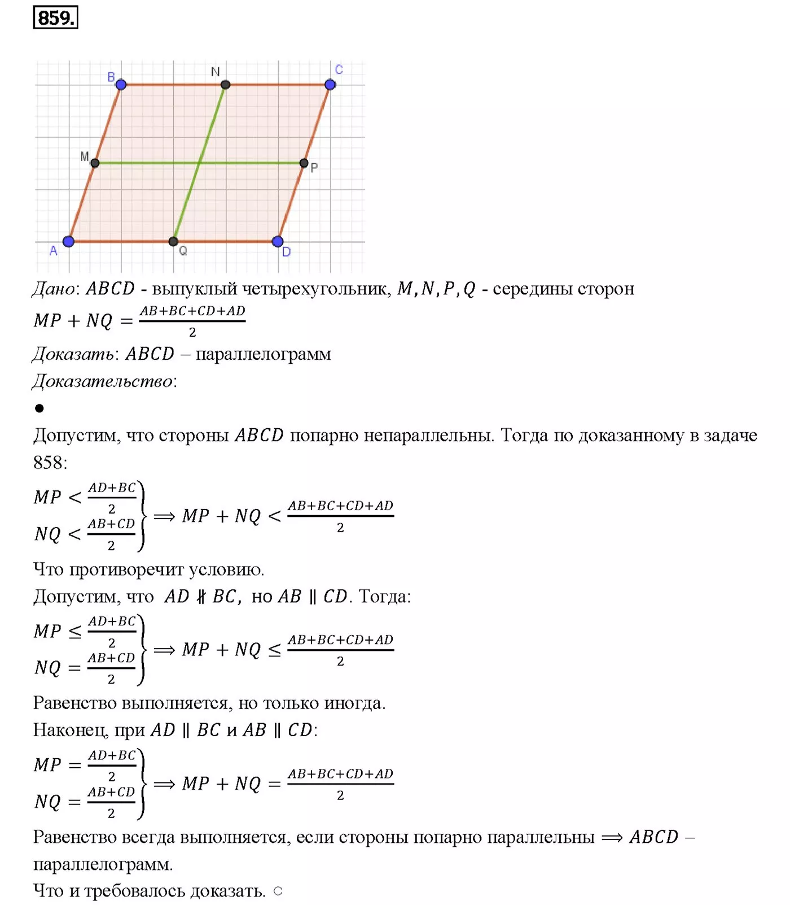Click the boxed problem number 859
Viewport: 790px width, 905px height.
point(55,18)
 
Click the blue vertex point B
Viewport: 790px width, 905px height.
point(121,85)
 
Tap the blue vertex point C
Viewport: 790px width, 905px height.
point(330,85)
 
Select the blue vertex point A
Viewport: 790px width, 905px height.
point(69,242)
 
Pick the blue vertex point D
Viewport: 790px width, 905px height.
point(278,242)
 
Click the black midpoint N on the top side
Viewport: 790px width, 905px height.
point(226,85)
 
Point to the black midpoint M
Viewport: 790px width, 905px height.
point(95,163)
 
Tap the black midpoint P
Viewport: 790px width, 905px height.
point(304,163)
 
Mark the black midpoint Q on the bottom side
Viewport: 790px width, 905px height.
point(173,242)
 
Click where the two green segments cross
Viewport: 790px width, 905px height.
point(199,163)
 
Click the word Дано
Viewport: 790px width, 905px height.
point(53,289)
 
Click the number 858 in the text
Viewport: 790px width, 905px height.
point(49,463)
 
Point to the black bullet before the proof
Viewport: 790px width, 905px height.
point(39,408)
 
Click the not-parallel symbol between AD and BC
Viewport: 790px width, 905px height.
point(201,597)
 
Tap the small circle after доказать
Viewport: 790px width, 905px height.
point(278,891)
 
